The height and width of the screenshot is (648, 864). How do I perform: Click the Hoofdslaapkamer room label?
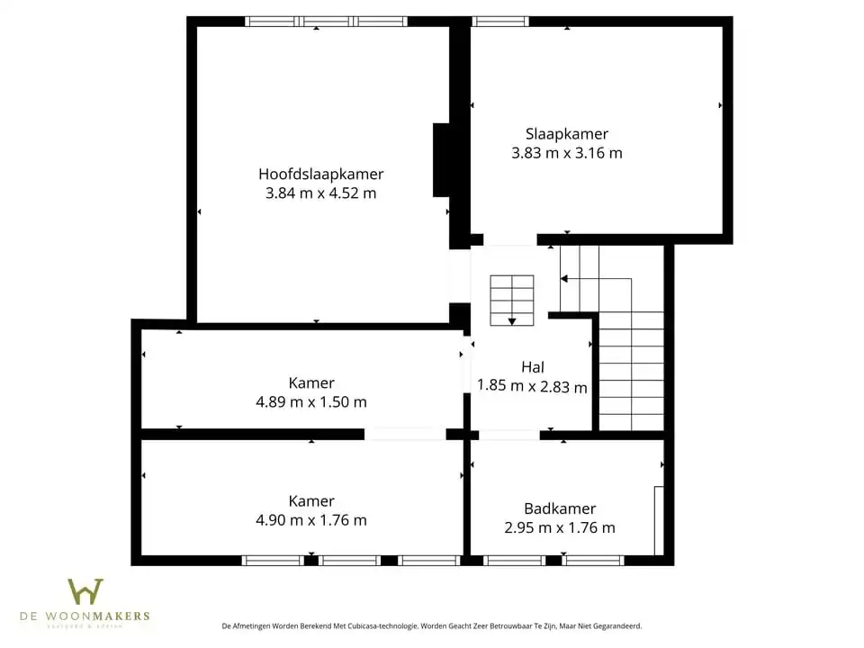[x=320, y=174]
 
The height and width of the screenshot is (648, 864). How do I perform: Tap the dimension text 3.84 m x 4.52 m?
[x=320, y=193]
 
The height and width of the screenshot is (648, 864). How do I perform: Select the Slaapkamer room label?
[x=567, y=134]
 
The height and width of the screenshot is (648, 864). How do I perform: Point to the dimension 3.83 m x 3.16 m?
[x=567, y=153]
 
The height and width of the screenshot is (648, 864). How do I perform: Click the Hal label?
[x=532, y=367]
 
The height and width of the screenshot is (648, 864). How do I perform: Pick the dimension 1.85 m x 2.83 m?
[x=532, y=387]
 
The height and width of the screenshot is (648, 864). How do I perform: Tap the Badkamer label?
[x=560, y=508]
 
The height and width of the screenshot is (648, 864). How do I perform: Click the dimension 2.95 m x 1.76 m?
[x=560, y=528]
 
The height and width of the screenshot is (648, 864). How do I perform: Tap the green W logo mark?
[x=85, y=592]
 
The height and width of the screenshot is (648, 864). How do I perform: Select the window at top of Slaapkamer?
[x=500, y=22]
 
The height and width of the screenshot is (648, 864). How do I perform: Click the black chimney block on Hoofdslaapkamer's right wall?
[x=442, y=159]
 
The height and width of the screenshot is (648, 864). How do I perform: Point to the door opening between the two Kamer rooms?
[x=404, y=434]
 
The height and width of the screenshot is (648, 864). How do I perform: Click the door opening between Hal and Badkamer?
[x=508, y=435]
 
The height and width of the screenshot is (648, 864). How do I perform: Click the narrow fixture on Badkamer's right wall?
[x=659, y=519]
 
